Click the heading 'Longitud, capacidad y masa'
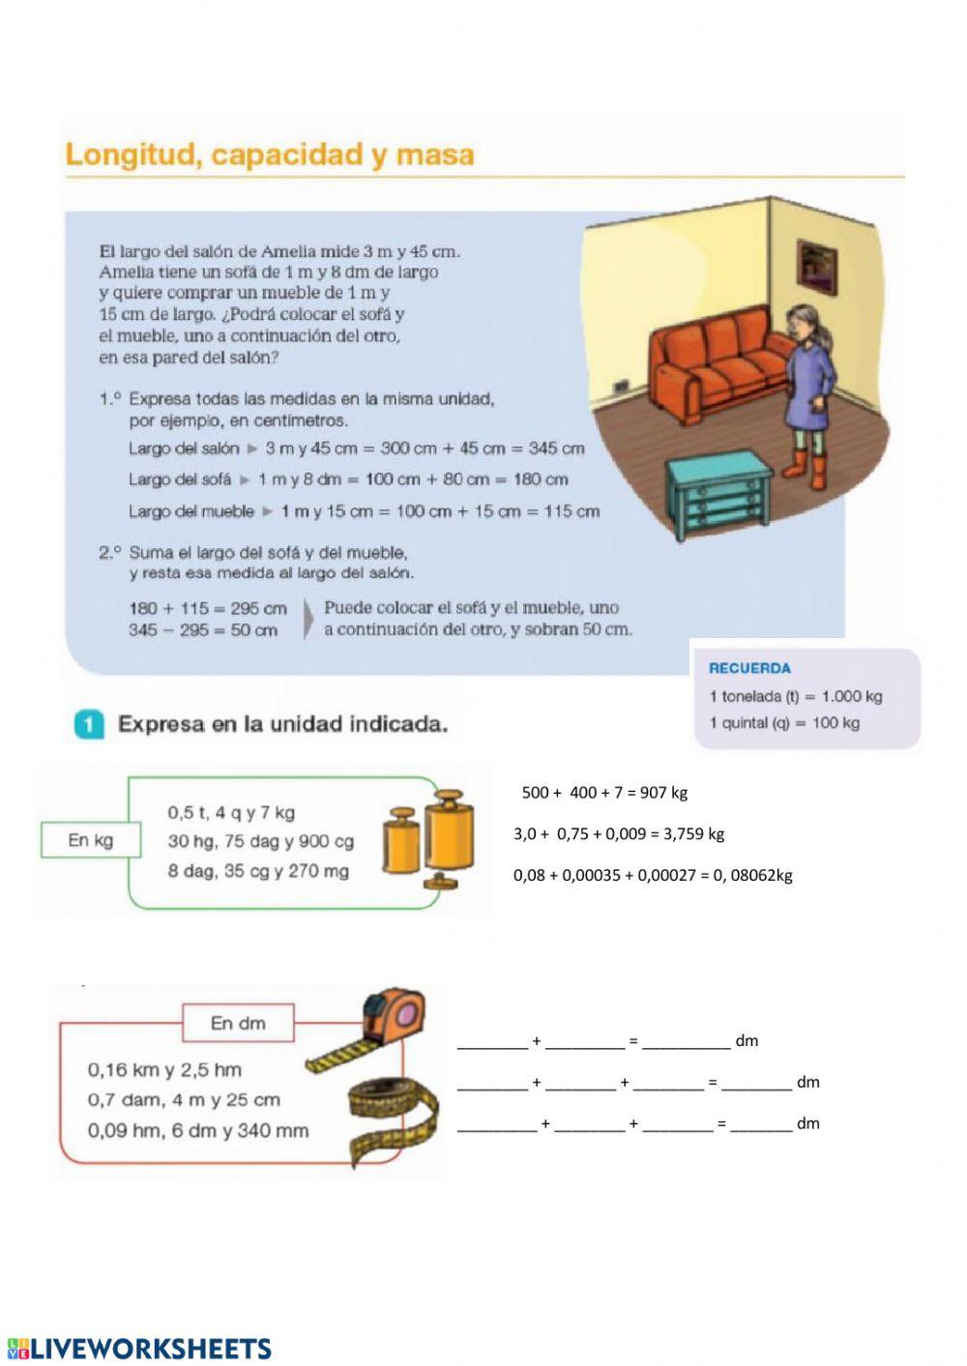point(270,156)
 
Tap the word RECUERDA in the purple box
point(749,668)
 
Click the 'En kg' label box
point(91,840)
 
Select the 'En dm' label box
point(238,1023)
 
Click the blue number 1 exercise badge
point(88,724)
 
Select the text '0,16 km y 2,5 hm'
point(164,1070)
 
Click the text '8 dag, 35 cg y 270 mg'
point(258,871)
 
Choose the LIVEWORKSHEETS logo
point(139,1349)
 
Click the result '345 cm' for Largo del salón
point(556,449)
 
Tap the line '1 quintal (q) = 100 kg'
point(783,723)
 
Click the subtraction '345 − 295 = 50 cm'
point(203,630)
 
